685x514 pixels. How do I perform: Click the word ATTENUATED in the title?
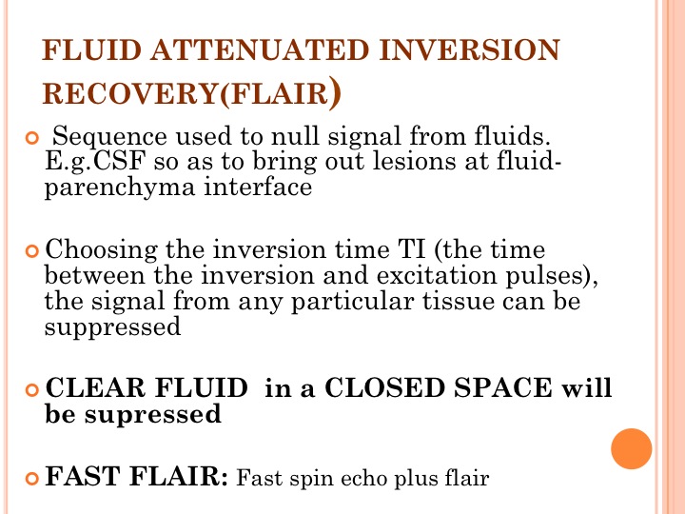[261, 49]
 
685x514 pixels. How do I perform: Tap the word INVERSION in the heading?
[470, 49]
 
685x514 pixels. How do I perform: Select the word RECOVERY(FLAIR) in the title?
[191, 92]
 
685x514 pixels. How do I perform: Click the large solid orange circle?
[632, 449]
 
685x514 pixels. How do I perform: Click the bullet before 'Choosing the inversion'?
[32, 251]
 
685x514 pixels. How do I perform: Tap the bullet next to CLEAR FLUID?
[32, 389]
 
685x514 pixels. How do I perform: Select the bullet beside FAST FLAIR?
[32, 478]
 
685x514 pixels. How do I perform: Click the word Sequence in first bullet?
[109, 137]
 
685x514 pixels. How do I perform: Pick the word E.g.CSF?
[95, 161]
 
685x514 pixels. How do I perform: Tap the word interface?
[258, 187]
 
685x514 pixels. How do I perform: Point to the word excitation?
[437, 276]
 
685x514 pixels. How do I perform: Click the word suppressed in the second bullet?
[112, 327]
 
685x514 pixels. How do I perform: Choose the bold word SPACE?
[503, 387]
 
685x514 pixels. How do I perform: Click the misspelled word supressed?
[153, 415]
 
